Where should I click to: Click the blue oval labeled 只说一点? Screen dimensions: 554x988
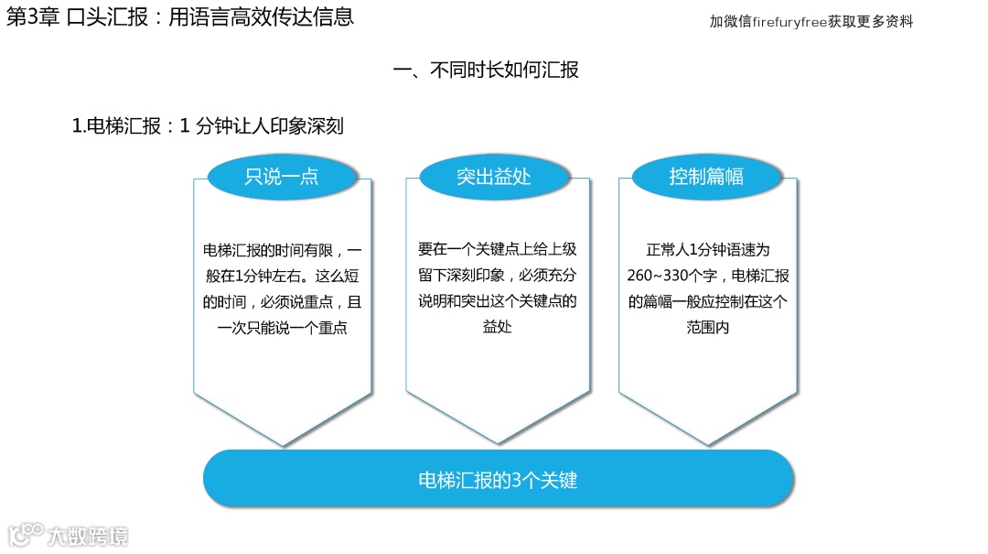(282, 176)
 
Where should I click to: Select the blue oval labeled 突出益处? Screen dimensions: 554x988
(494, 176)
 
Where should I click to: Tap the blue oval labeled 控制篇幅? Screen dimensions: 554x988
(706, 176)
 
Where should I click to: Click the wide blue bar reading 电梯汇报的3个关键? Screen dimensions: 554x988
(497, 479)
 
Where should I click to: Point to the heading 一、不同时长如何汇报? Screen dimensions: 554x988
(486, 71)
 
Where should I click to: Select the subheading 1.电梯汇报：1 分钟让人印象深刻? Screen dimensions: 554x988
(208, 126)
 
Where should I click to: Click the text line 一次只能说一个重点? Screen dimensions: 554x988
(282, 328)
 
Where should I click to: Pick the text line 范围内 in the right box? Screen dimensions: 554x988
(707, 327)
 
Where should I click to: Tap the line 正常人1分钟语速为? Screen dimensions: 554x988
(708, 249)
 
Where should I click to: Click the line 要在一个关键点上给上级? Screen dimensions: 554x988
(497, 249)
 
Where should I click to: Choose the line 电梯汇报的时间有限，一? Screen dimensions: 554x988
(282, 249)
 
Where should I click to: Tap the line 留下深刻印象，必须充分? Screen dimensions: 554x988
(497, 275)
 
